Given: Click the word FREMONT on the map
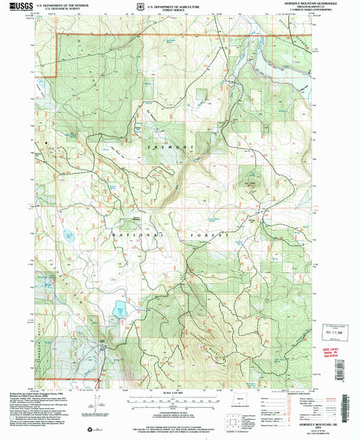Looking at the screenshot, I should tap(157, 147).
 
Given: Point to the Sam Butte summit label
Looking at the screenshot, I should tap(252, 182).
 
